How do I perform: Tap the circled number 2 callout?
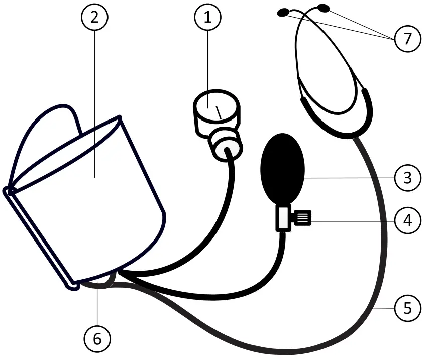94,18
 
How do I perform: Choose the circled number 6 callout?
97,339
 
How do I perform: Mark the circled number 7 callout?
407,39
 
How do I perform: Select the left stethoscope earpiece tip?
285,12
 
